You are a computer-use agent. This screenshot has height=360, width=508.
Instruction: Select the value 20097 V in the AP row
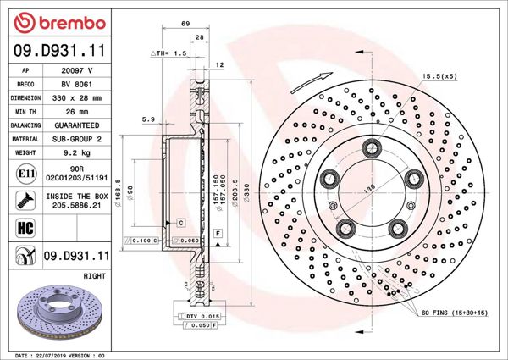click(77, 72)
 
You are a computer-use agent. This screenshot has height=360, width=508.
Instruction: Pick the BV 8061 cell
click(77, 85)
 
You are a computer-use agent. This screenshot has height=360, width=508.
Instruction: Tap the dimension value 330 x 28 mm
click(77, 97)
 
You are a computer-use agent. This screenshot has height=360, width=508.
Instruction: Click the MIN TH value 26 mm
click(77, 111)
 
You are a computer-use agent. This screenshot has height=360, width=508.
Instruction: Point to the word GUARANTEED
click(77, 125)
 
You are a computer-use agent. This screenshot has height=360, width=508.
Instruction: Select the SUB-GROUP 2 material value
click(77, 138)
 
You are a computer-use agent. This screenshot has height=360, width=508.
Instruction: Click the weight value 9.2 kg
click(77, 152)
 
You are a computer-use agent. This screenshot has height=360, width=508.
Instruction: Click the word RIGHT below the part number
click(94, 276)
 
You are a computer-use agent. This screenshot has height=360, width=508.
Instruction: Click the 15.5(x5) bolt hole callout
click(439, 76)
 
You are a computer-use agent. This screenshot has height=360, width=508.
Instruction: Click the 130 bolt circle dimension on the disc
click(369, 191)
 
